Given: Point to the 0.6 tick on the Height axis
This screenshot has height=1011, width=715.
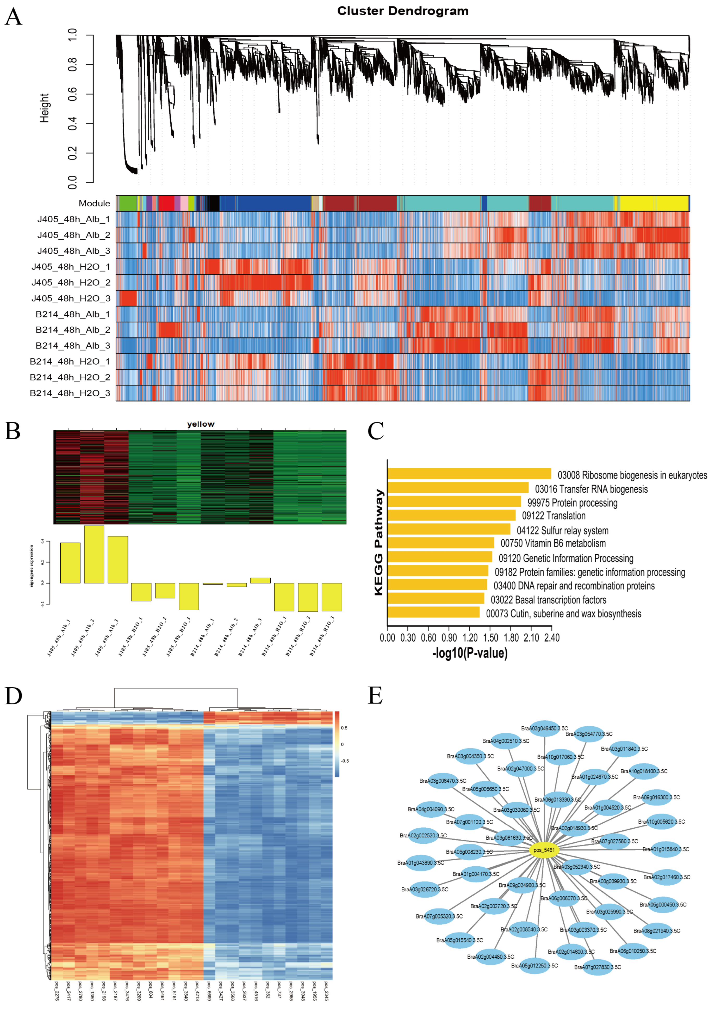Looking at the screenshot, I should (x=73, y=94).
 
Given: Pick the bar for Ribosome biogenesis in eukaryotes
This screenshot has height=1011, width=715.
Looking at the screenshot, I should (x=469, y=474).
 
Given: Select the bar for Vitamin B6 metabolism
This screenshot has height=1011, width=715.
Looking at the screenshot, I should (x=440, y=543).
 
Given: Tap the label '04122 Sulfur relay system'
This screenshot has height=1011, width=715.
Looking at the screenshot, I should (x=562, y=530).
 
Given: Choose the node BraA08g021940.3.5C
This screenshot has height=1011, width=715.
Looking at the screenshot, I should (x=656, y=931).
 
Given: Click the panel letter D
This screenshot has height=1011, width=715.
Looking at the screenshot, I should (x=13, y=696).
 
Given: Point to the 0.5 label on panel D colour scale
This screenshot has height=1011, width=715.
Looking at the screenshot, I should (x=344, y=728).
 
